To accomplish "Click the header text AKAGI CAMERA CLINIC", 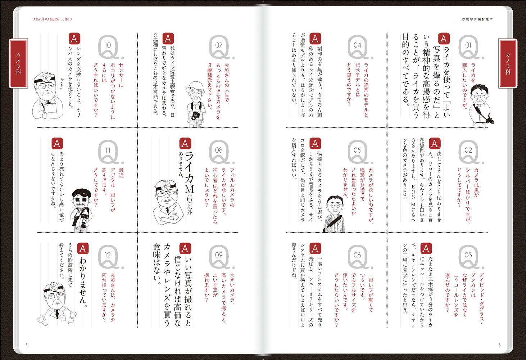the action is (53, 19).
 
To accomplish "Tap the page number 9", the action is (27, 345).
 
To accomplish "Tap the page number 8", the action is (499, 345).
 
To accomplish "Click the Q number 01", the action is (468, 45).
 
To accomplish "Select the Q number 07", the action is (219, 45).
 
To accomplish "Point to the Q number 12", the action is (108, 255).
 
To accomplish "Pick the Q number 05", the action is (357, 150).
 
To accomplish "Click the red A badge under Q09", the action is (185, 248).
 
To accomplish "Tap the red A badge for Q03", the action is (426, 248).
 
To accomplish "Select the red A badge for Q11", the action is (57, 144).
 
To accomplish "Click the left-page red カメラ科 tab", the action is (18, 63).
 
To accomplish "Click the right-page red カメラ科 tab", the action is (508, 63).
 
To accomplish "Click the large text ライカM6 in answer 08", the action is (189, 177).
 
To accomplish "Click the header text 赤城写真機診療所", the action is (477, 19).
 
